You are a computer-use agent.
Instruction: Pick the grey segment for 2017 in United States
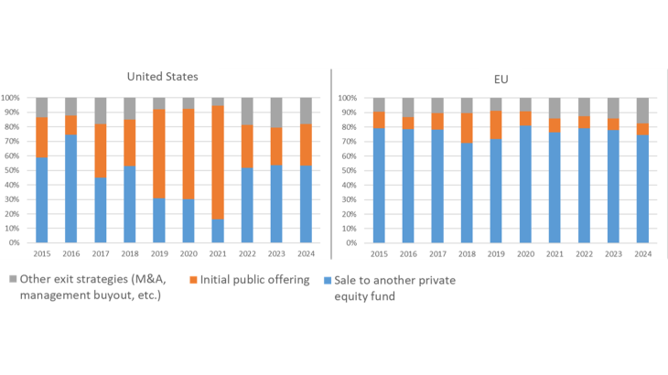click(x=100, y=111)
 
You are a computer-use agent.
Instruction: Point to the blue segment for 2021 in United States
click(x=217, y=230)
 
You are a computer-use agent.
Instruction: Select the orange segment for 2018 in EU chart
click(x=467, y=127)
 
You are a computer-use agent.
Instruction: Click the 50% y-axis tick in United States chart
click(x=16, y=170)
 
